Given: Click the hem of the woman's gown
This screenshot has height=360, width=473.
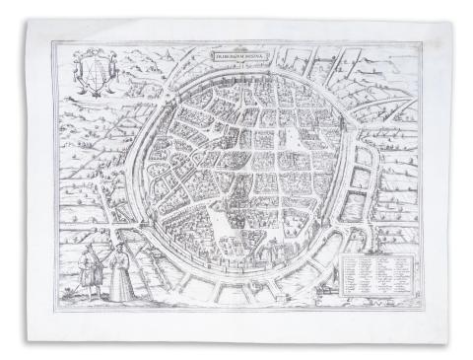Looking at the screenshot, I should [120, 297].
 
